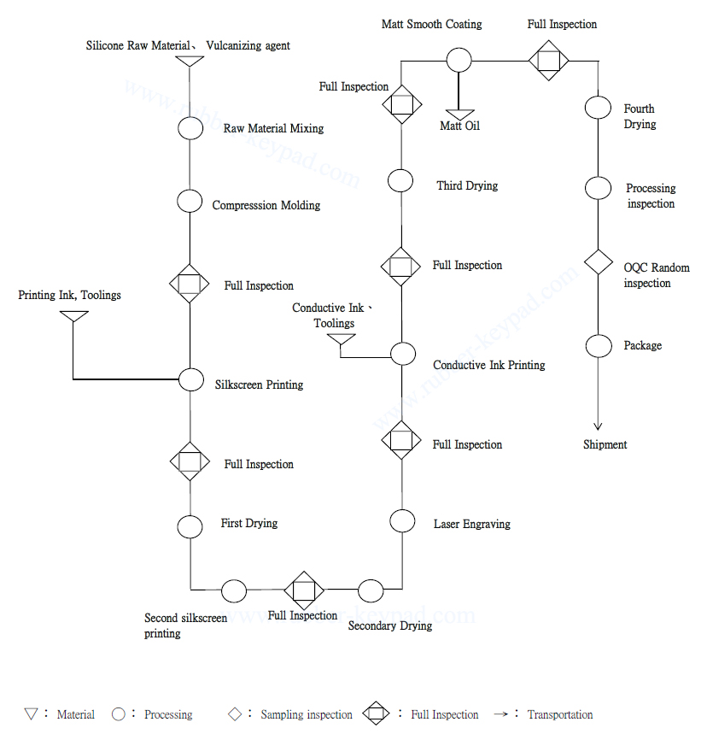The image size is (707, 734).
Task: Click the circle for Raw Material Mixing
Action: coord(190,128)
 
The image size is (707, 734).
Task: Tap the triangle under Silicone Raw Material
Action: coord(190,62)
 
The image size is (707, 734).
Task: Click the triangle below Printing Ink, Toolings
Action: coord(73,317)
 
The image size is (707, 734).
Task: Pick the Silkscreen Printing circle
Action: coord(190,379)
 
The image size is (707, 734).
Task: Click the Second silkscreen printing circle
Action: coord(233,590)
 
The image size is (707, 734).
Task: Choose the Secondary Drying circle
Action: coord(371,590)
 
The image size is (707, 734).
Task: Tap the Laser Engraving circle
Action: coord(402,520)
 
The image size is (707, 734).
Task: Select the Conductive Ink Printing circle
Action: coord(402,354)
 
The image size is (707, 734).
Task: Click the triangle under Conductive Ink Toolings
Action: coord(342,341)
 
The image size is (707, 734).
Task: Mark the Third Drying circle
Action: coord(401,180)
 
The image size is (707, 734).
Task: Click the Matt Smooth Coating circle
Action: coord(459,60)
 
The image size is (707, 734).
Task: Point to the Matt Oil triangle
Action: coord(459,115)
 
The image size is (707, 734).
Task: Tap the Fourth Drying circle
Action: coord(598,109)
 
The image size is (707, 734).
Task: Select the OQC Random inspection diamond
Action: coord(598,261)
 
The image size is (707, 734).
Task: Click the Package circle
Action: coord(598,346)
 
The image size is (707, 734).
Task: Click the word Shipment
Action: coord(605,444)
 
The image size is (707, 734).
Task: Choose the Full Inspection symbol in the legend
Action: coord(377,713)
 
